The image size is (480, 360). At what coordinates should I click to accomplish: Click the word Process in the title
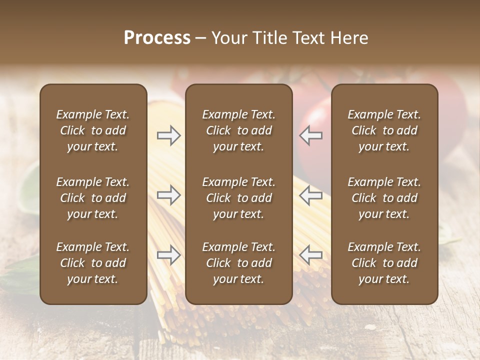click(x=157, y=38)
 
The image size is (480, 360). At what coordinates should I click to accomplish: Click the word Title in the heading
click(x=271, y=38)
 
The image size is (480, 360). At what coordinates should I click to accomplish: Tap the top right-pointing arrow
click(x=168, y=135)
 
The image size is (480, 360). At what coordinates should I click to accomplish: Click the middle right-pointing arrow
click(x=168, y=195)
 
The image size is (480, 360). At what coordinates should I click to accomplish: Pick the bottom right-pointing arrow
click(x=168, y=255)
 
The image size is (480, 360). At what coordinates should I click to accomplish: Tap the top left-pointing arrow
click(x=311, y=135)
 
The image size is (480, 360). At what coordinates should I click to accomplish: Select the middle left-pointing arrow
click(x=311, y=195)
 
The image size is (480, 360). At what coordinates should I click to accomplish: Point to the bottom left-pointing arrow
click(x=311, y=255)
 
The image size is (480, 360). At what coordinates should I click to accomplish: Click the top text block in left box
click(x=93, y=130)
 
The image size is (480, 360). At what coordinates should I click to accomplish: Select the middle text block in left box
click(x=93, y=198)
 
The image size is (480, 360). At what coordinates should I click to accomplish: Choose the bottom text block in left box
click(x=93, y=263)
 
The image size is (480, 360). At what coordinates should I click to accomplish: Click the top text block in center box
click(x=238, y=130)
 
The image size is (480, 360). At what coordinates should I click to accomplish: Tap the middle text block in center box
click(x=238, y=198)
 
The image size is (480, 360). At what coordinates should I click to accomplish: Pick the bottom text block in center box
click(x=238, y=263)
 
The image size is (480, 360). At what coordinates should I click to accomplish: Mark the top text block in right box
click(x=384, y=130)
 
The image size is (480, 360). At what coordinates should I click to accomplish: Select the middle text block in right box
click(x=384, y=198)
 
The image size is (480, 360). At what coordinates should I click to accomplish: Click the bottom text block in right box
click(x=384, y=263)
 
